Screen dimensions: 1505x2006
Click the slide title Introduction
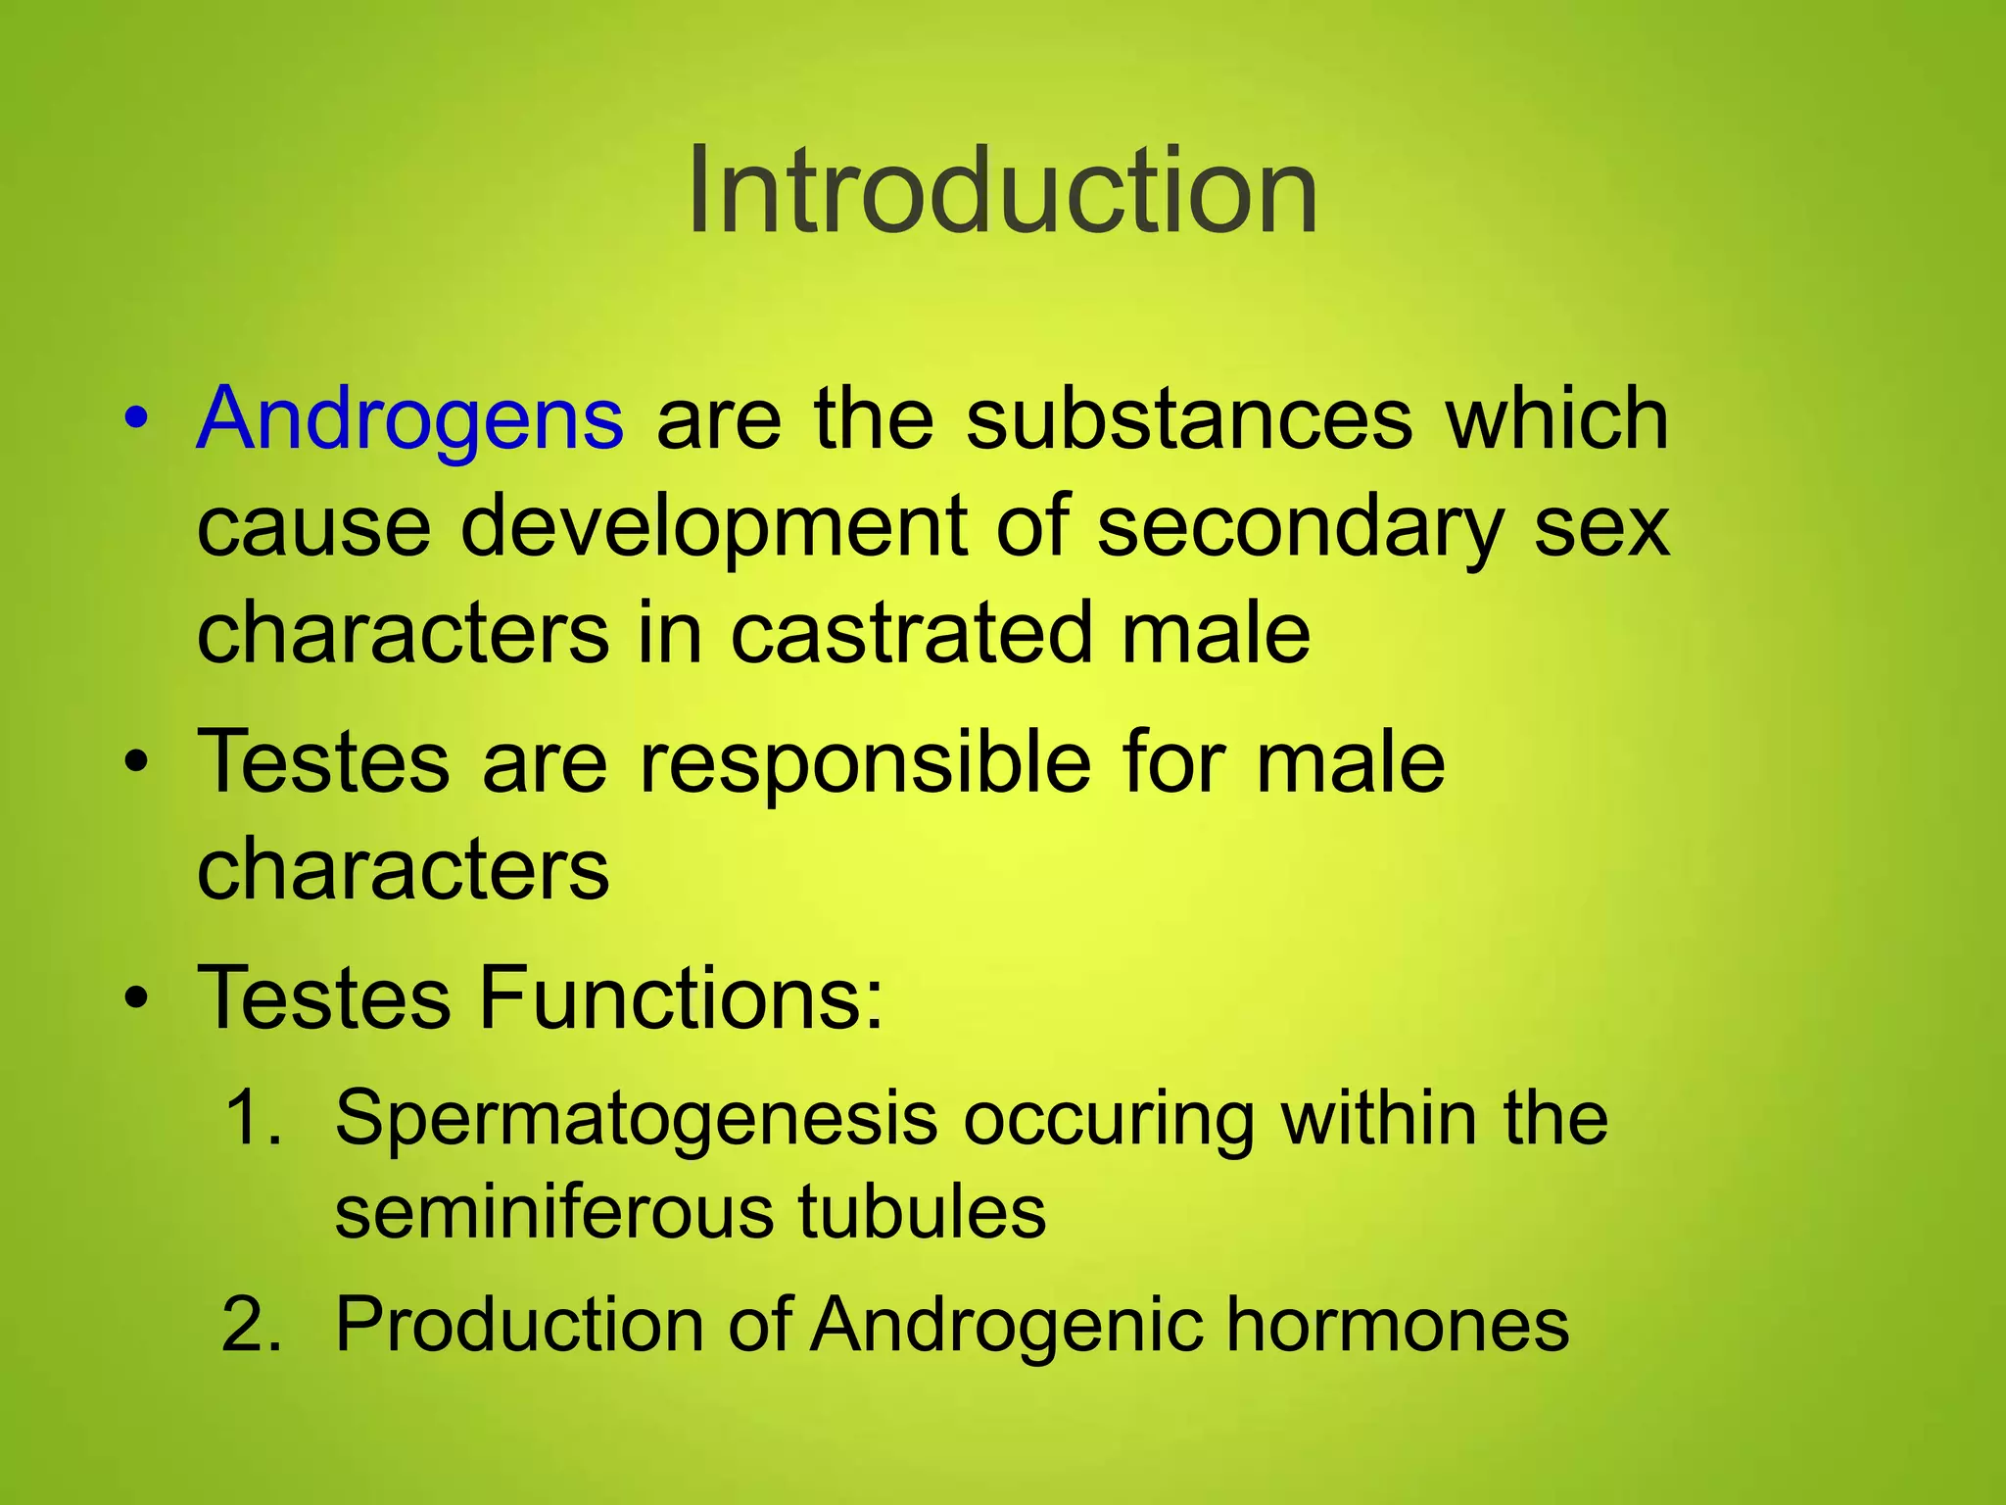1002,190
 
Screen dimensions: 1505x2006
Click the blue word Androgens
409,419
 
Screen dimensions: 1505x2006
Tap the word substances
1189,419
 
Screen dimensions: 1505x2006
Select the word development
714,527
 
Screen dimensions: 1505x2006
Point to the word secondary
1299,527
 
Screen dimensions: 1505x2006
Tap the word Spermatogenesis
636,1118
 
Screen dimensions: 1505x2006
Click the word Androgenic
1006,1326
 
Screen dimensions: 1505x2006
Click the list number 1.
251,1118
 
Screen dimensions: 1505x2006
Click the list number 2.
251,1326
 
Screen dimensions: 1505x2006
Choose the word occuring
1108,1118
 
